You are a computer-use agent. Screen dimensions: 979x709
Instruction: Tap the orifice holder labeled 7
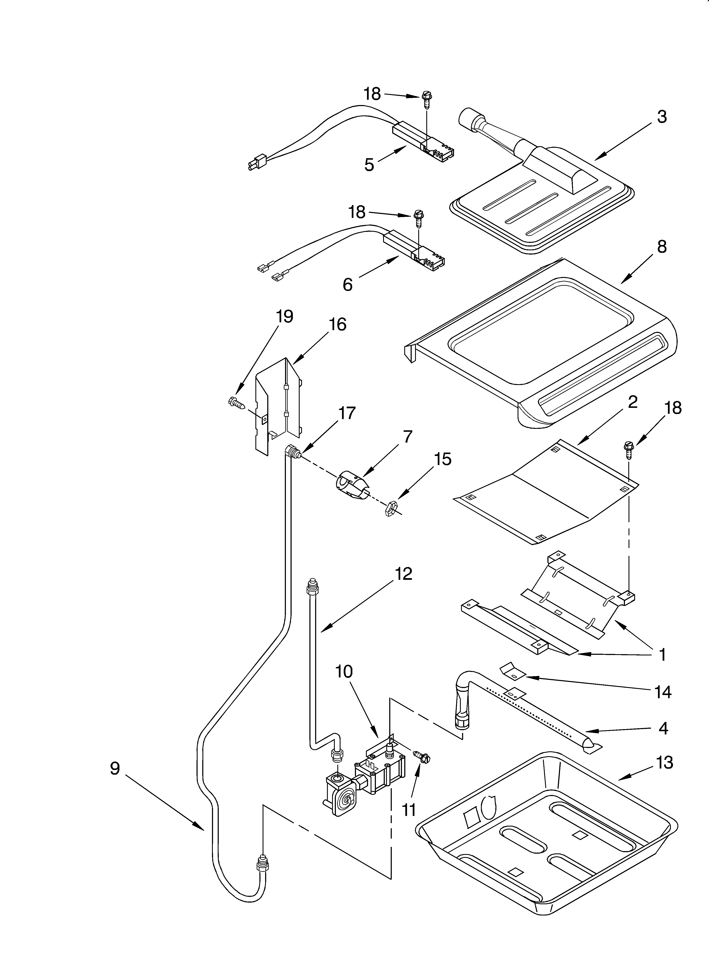pos(352,486)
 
